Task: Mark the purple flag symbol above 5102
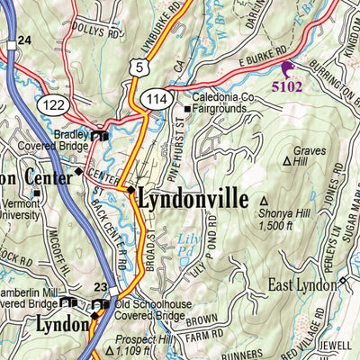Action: [x=287, y=68]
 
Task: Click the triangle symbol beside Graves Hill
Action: [x=288, y=163]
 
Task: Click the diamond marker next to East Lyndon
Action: [x=343, y=284]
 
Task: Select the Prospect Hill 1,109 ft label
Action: [x=143, y=346]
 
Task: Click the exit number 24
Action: [x=23, y=40]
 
